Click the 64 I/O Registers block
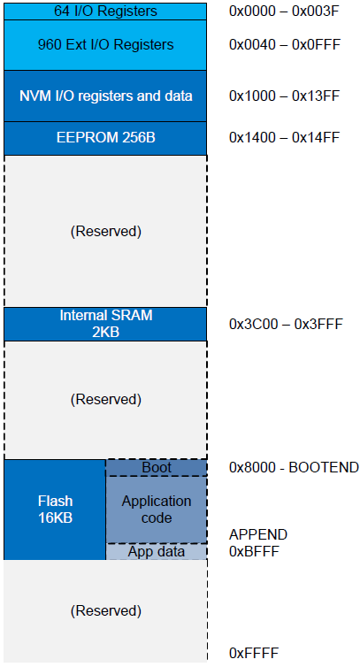pyautogui.click(x=105, y=11)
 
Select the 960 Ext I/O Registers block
pyautogui.click(x=105, y=44)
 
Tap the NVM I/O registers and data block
pyautogui.click(x=105, y=96)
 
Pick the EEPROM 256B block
pyautogui.click(x=105, y=138)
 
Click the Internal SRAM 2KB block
pyautogui.click(x=105, y=324)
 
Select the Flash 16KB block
pyautogui.click(x=55, y=510)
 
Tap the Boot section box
pyautogui.click(x=157, y=467)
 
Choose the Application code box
pyautogui.click(x=157, y=510)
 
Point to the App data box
pyautogui.click(x=157, y=552)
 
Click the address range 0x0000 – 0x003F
pyautogui.click(x=284, y=11)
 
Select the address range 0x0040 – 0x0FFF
pyautogui.click(x=284, y=44)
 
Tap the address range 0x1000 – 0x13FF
pyautogui.click(x=284, y=96)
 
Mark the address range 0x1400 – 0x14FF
pyautogui.click(x=284, y=138)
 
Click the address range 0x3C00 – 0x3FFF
pyautogui.click(x=285, y=324)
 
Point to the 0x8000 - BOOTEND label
pyautogui.click(x=294, y=467)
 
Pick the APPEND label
pyautogui.click(x=258, y=534)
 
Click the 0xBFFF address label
pyautogui.click(x=254, y=552)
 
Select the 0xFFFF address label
pyautogui.click(x=254, y=653)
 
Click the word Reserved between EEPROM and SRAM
pyautogui.click(x=105, y=232)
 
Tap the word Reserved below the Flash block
pyautogui.click(x=105, y=611)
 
